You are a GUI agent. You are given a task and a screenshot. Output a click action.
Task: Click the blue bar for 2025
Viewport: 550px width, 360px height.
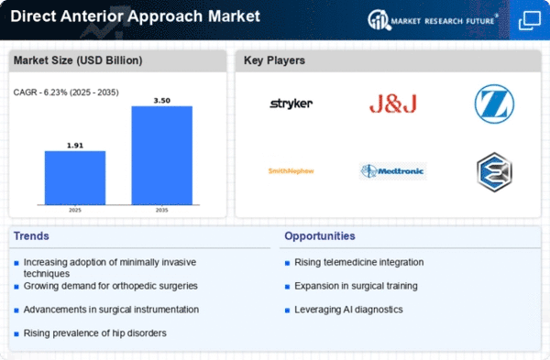pos(75,178)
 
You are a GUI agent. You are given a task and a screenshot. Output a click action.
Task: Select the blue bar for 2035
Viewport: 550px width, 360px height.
pos(162,156)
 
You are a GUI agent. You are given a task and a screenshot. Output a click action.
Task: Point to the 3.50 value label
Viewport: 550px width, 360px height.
pos(162,101)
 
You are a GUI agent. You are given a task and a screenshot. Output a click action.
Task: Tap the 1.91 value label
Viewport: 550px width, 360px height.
pos(75,146)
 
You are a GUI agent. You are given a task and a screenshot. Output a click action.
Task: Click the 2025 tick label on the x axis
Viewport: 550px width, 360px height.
pos(75,210)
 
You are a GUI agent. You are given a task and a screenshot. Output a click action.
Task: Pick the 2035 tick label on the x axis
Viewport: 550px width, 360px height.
pos(161,210)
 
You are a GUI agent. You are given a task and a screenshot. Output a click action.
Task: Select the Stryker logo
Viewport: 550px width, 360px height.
pos(291,104)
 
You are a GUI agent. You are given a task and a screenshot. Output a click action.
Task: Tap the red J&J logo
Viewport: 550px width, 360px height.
pos(393,104)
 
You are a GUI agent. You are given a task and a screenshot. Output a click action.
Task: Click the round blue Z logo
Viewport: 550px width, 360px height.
pos(495,104)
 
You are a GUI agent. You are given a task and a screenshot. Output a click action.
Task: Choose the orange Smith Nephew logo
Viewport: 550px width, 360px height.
pos(291,171)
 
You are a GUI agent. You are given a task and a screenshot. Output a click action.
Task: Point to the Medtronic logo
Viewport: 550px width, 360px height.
pos(393,171)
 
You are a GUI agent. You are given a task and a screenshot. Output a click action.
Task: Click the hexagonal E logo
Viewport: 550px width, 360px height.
pos(495,172)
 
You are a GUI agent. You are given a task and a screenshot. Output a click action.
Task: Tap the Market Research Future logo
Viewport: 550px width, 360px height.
pos(433,20)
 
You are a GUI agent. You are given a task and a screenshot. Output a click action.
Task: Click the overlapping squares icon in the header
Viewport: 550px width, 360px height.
pos(530,20)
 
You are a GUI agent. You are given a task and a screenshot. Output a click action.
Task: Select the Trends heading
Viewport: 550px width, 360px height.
pos(31,236)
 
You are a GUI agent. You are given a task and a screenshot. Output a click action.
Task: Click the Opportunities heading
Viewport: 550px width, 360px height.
pos(320,236)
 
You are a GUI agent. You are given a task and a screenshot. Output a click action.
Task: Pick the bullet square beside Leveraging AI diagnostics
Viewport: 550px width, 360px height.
pos(287,311)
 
